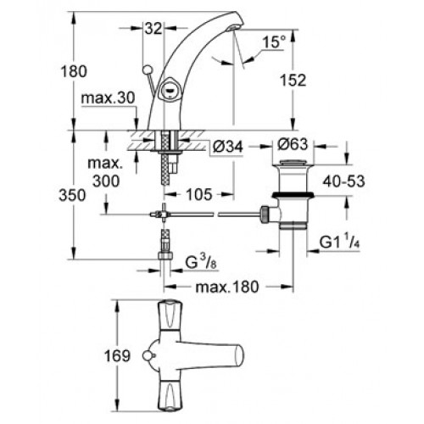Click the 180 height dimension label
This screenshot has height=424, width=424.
click(74, 71)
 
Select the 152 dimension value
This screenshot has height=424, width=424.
click(293, 81)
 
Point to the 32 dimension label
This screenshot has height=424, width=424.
click(153, 29)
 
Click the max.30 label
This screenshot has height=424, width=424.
click(109, 98)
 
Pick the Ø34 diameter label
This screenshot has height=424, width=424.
click(228, 147)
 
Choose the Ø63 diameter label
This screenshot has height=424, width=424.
click(293, 144)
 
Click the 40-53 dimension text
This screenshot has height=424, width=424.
click(344, 181)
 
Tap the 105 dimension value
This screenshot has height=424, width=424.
click(199, 194)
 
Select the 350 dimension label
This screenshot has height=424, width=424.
click(72, 195)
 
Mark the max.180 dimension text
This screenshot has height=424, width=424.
click(227, 287)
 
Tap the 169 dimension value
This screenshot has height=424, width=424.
click(117, 355)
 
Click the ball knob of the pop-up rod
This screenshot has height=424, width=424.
click(147, 70)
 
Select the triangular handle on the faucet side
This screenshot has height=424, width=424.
click(169, 90)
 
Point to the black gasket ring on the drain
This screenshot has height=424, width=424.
click(293, 194)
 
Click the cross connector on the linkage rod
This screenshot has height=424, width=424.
click(164, 215)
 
